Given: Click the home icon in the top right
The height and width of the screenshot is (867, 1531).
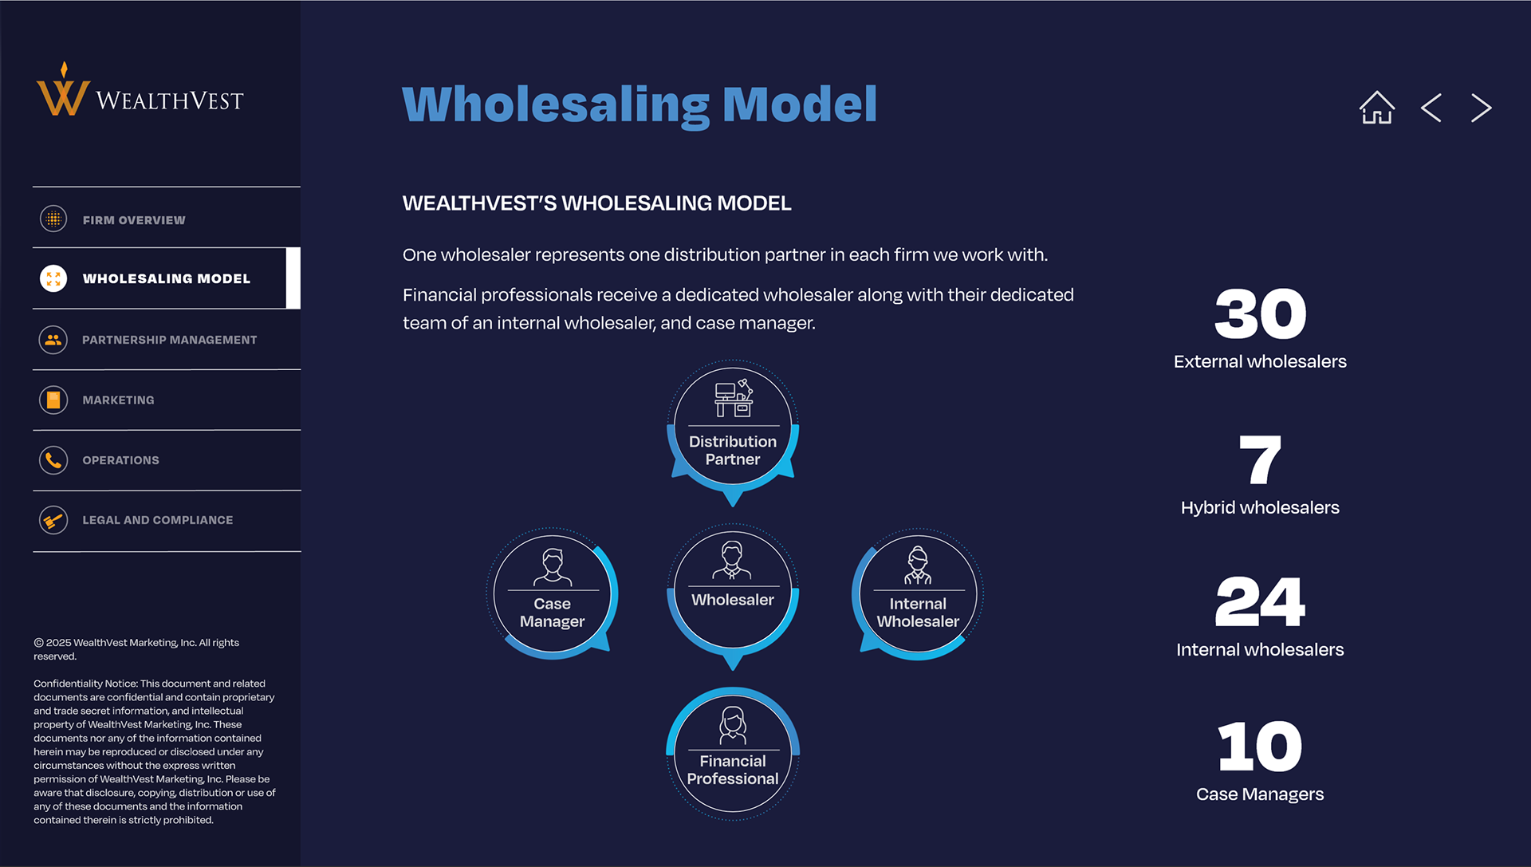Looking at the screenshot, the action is pyautogui.click(x=1376, y=108).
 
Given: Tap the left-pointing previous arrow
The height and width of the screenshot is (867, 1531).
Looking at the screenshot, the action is pyautogui.click(x=1431, y=108).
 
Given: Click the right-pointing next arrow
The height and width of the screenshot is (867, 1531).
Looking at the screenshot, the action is pyautogui.click(x=1481, y=108).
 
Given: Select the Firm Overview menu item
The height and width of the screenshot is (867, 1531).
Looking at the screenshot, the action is pyautogui.click(x=134, y=220).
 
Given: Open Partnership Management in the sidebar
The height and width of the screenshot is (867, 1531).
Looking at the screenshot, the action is pyautogui.click(x=169, y=340).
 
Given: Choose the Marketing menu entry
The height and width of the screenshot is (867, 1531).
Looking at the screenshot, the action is pyautogui.click(x=118, y=400).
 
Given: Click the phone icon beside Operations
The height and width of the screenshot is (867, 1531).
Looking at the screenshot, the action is pyautogui.click(x=53, y=460).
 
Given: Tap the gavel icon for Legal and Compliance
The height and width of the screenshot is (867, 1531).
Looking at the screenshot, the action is pyautogui.click(x=53, y=520).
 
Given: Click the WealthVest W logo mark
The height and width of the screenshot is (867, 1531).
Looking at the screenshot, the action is pyautogui.click(x=62, y=94).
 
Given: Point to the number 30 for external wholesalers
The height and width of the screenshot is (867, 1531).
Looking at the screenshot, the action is pyautogui.click(x=1260, y=314).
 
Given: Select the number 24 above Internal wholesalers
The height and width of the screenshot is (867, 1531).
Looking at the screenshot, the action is pyautogui.click(x=1260, y=602).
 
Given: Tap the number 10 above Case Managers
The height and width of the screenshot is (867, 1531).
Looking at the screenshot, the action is pyautogui.click(x=1260, y=747).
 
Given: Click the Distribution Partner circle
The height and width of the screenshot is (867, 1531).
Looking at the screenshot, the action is pyautogui.click(x=733, y=427).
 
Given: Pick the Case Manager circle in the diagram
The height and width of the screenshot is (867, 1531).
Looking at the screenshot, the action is pyautogui.click(x=552, y=594).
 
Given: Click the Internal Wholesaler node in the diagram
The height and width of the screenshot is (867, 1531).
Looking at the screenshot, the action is pyautogui.click(x=918, y=594).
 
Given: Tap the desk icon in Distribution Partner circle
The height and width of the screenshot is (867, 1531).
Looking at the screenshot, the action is pyautogui.click(x=733, y=399).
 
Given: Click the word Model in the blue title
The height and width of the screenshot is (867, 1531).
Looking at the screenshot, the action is pyautogui.click(x=799, y=104).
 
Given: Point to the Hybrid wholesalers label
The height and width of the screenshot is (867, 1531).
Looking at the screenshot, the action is pyautogui.click(x=1260, y=508).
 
